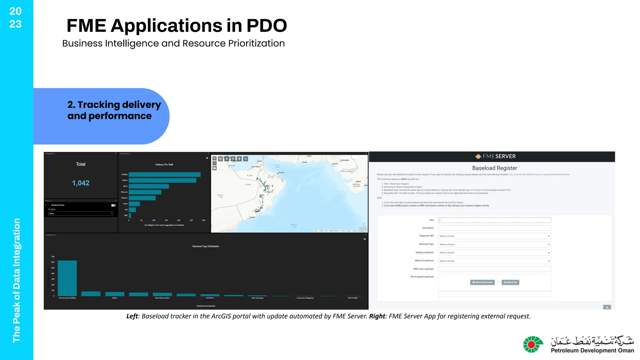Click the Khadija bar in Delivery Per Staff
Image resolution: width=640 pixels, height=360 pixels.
click(164, 174)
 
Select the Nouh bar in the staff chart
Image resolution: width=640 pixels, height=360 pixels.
click(149, 186)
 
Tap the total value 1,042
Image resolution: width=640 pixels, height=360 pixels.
click(81, 183)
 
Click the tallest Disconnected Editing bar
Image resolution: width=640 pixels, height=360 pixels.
click(67, 278)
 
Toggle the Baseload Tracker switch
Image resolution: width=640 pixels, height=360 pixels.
click(113, 205)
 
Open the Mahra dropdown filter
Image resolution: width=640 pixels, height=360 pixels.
click(81, 213)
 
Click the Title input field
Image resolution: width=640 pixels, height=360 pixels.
click(494, 220)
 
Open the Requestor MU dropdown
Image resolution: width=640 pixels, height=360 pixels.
click(494, 236)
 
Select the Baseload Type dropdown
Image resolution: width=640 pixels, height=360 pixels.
click(494, 244)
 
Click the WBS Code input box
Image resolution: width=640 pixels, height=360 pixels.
click(494, 269)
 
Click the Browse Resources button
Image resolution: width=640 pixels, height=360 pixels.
click(482, 282)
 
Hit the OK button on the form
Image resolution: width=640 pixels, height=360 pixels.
click(607, 307)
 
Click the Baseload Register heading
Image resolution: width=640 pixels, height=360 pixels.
click(494, 168)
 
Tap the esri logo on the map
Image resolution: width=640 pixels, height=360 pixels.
click(362, 230)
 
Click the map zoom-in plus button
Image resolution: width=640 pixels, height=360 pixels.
click(214, 158)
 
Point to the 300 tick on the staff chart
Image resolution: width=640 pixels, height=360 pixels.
click(203, 220)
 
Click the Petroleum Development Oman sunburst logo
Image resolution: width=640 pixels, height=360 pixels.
click(532, 344)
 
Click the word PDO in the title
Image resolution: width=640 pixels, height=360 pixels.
click(266, 26)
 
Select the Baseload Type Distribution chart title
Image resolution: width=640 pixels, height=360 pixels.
click(206, 246)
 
